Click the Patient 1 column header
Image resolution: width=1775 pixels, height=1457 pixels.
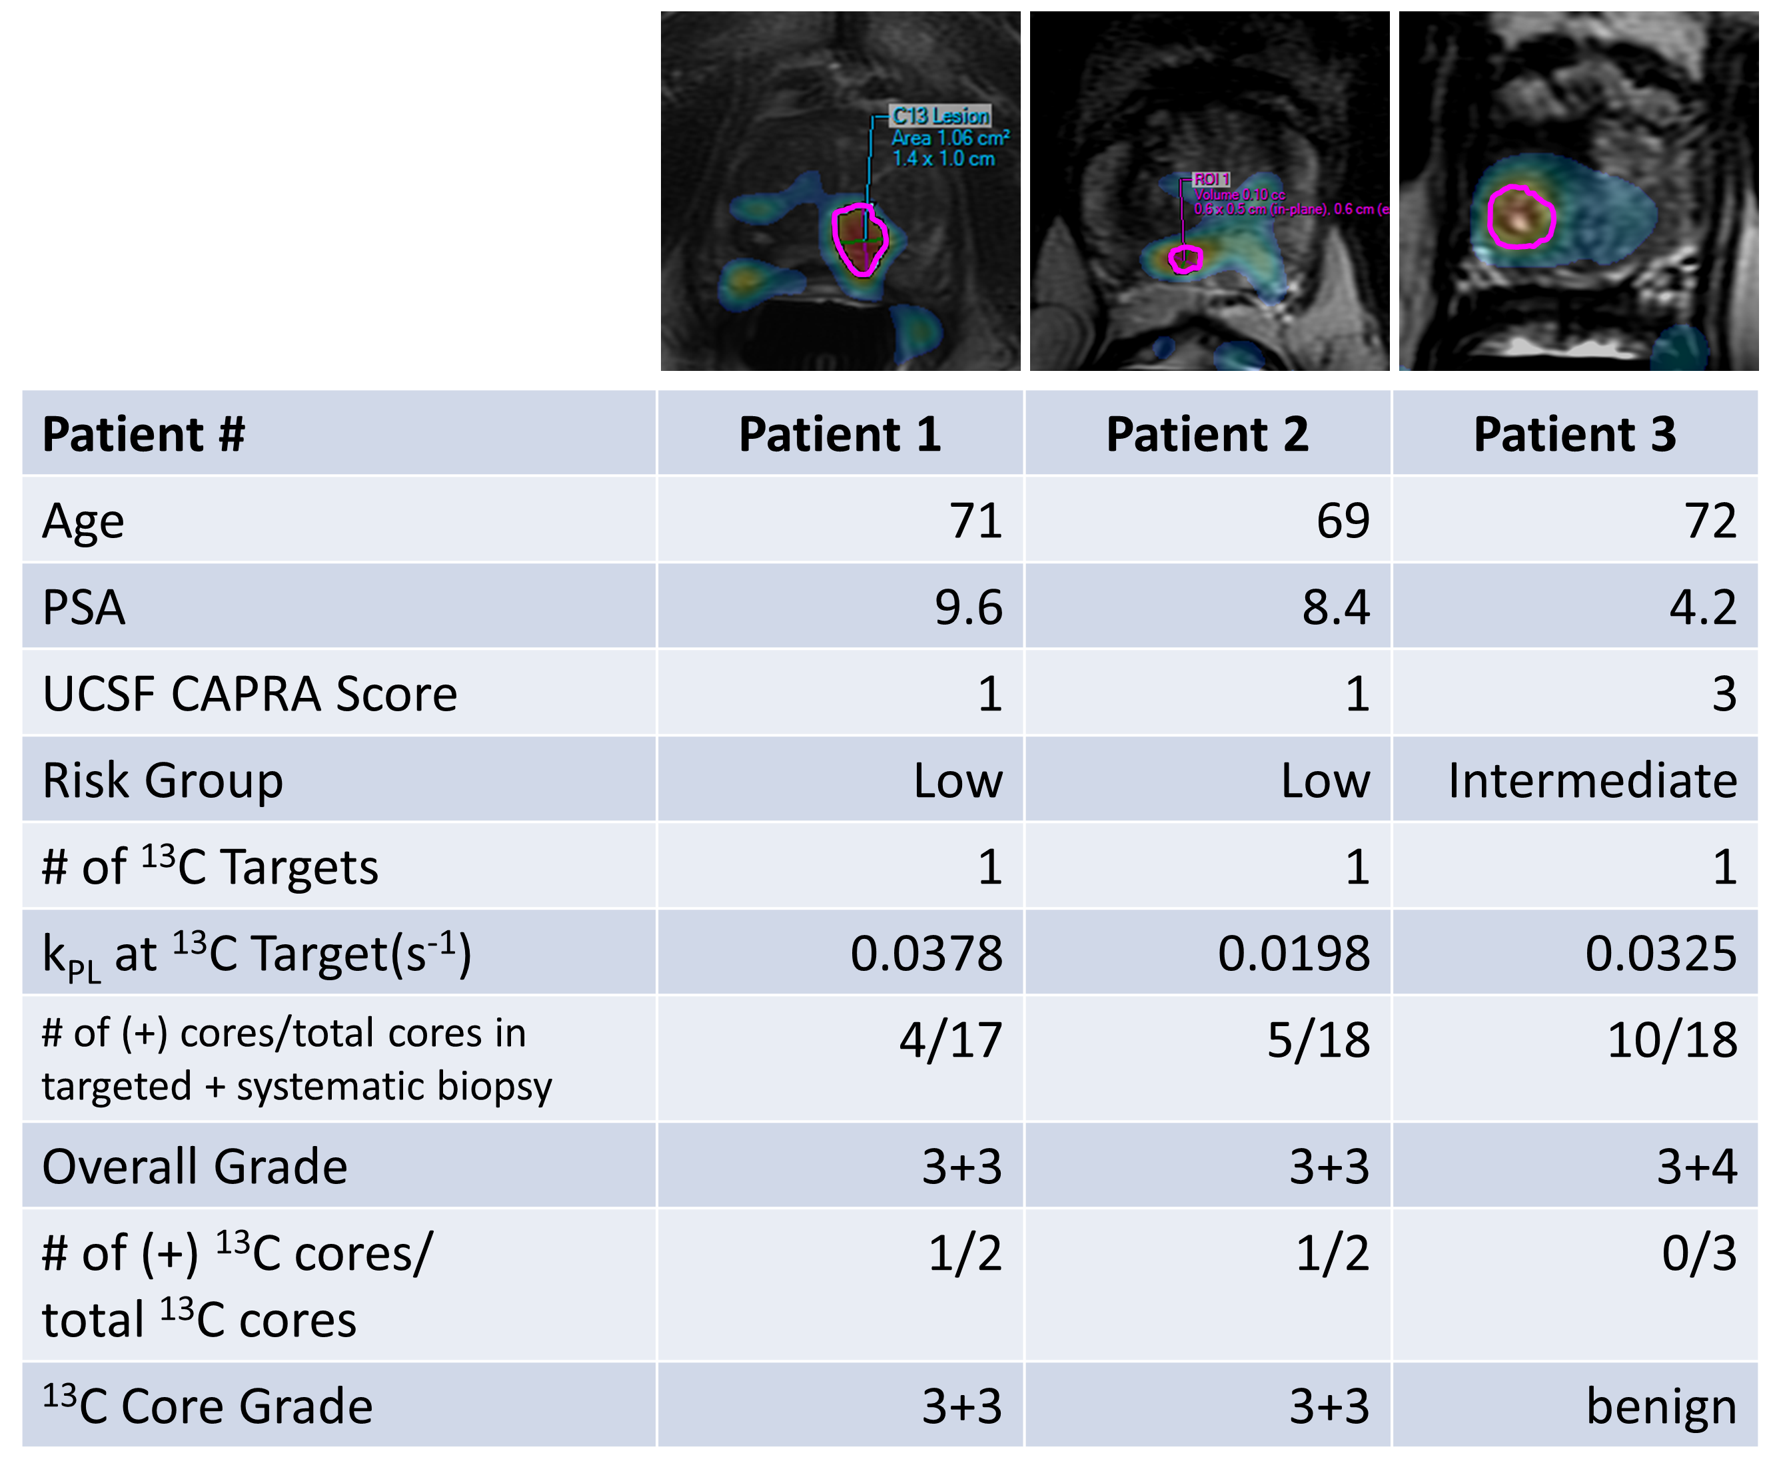click(839, 434)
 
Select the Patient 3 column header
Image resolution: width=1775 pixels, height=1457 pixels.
click(1574, 434)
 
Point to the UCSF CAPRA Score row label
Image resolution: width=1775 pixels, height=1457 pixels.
click(249, 694)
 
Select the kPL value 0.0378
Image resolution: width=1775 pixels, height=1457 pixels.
click(926, 954)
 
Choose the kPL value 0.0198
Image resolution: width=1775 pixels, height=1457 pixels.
click(1293, 954)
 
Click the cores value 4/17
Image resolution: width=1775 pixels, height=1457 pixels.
click(951, 1041)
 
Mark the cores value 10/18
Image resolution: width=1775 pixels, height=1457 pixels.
click(1672, 1041)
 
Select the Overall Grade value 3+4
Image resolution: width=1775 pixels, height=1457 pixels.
click(1696, 1167)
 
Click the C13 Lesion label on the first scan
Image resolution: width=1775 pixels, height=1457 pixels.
click(940, 116)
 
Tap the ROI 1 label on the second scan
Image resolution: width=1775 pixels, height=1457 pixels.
click(1211, 180)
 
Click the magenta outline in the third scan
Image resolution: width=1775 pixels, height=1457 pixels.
click(1491, 216)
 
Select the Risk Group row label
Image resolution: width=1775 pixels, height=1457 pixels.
click(162, 780)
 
